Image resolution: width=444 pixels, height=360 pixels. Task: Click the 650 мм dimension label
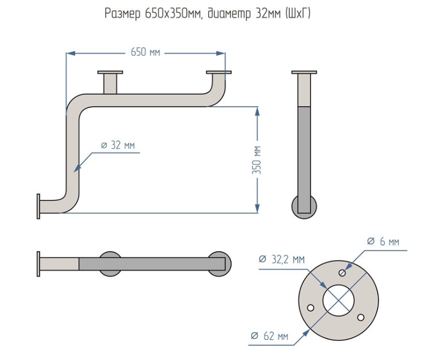click(145, 53)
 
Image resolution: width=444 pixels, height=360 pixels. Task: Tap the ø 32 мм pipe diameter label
click(118, 145)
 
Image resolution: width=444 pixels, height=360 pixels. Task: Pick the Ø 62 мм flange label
click(270, 336)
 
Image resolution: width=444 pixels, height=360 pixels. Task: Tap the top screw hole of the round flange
click(342, 272)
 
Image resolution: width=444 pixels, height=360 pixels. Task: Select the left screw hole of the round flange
click(310, 308)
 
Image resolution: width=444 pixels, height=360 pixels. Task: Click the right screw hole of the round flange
click(360, 317)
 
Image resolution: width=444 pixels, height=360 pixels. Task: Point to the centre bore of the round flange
click(338, 300)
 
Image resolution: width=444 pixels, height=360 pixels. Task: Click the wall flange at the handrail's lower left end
click(38, 206)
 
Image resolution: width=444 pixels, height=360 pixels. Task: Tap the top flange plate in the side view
click(304, 72)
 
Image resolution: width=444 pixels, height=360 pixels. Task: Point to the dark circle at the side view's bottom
click(304, 205)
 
